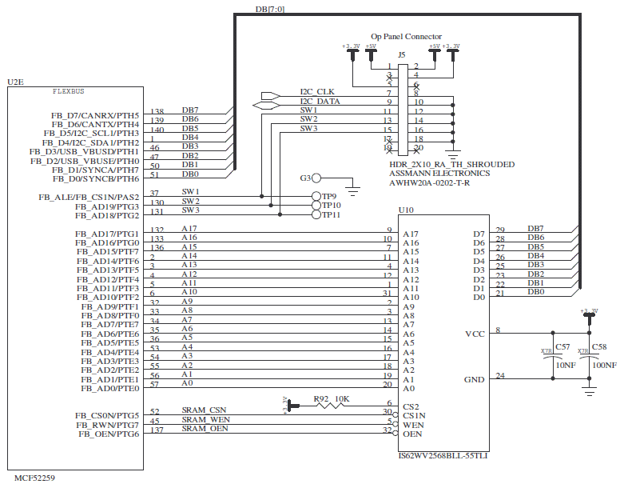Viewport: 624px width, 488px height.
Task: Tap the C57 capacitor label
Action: pos(562,346)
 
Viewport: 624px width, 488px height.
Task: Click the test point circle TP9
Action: pos(316,197)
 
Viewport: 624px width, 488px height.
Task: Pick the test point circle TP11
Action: pos(316,214)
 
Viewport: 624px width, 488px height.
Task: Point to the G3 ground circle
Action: pos(316,178)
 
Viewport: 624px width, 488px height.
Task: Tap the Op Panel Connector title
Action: pos(406,37)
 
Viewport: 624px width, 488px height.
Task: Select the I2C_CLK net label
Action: pos(316,92)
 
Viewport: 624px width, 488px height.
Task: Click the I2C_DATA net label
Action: pos(320,102)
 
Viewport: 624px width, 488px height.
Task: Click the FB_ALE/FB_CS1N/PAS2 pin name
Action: pos(89,197)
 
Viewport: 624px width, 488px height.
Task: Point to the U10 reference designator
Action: pos(405,210)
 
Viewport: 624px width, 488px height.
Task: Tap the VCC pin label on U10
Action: pos(475,334)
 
